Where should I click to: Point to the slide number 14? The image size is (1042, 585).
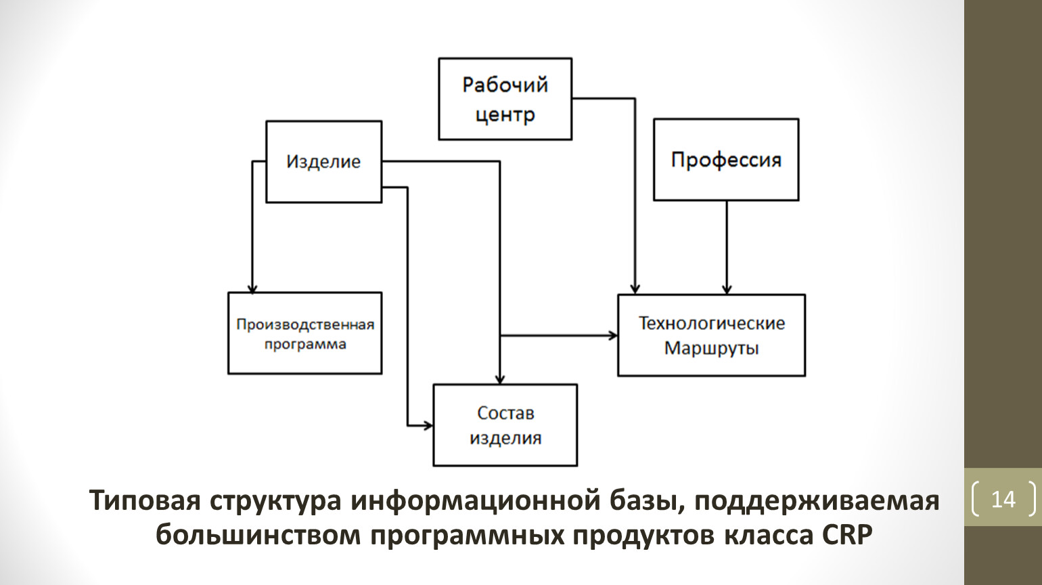pyautogui.click(x=1003, y=500)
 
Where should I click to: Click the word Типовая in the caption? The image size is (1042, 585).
pyautogui.click(x=144, y=501)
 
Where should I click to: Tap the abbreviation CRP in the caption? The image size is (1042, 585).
pyautogui.click(x=848, y=535)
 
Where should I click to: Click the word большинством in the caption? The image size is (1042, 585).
pyautogui.click(x=258, y=535)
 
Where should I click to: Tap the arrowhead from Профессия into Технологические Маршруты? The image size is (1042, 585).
pyautogui.click(x=727, y=289)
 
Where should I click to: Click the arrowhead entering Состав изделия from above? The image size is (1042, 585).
pyautogui.click(x=499, y=379)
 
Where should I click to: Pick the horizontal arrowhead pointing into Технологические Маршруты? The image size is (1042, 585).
pyautogui.click(x=612, y=335)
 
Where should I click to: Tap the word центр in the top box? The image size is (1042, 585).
pyautogui.click(x=505, y=115)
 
